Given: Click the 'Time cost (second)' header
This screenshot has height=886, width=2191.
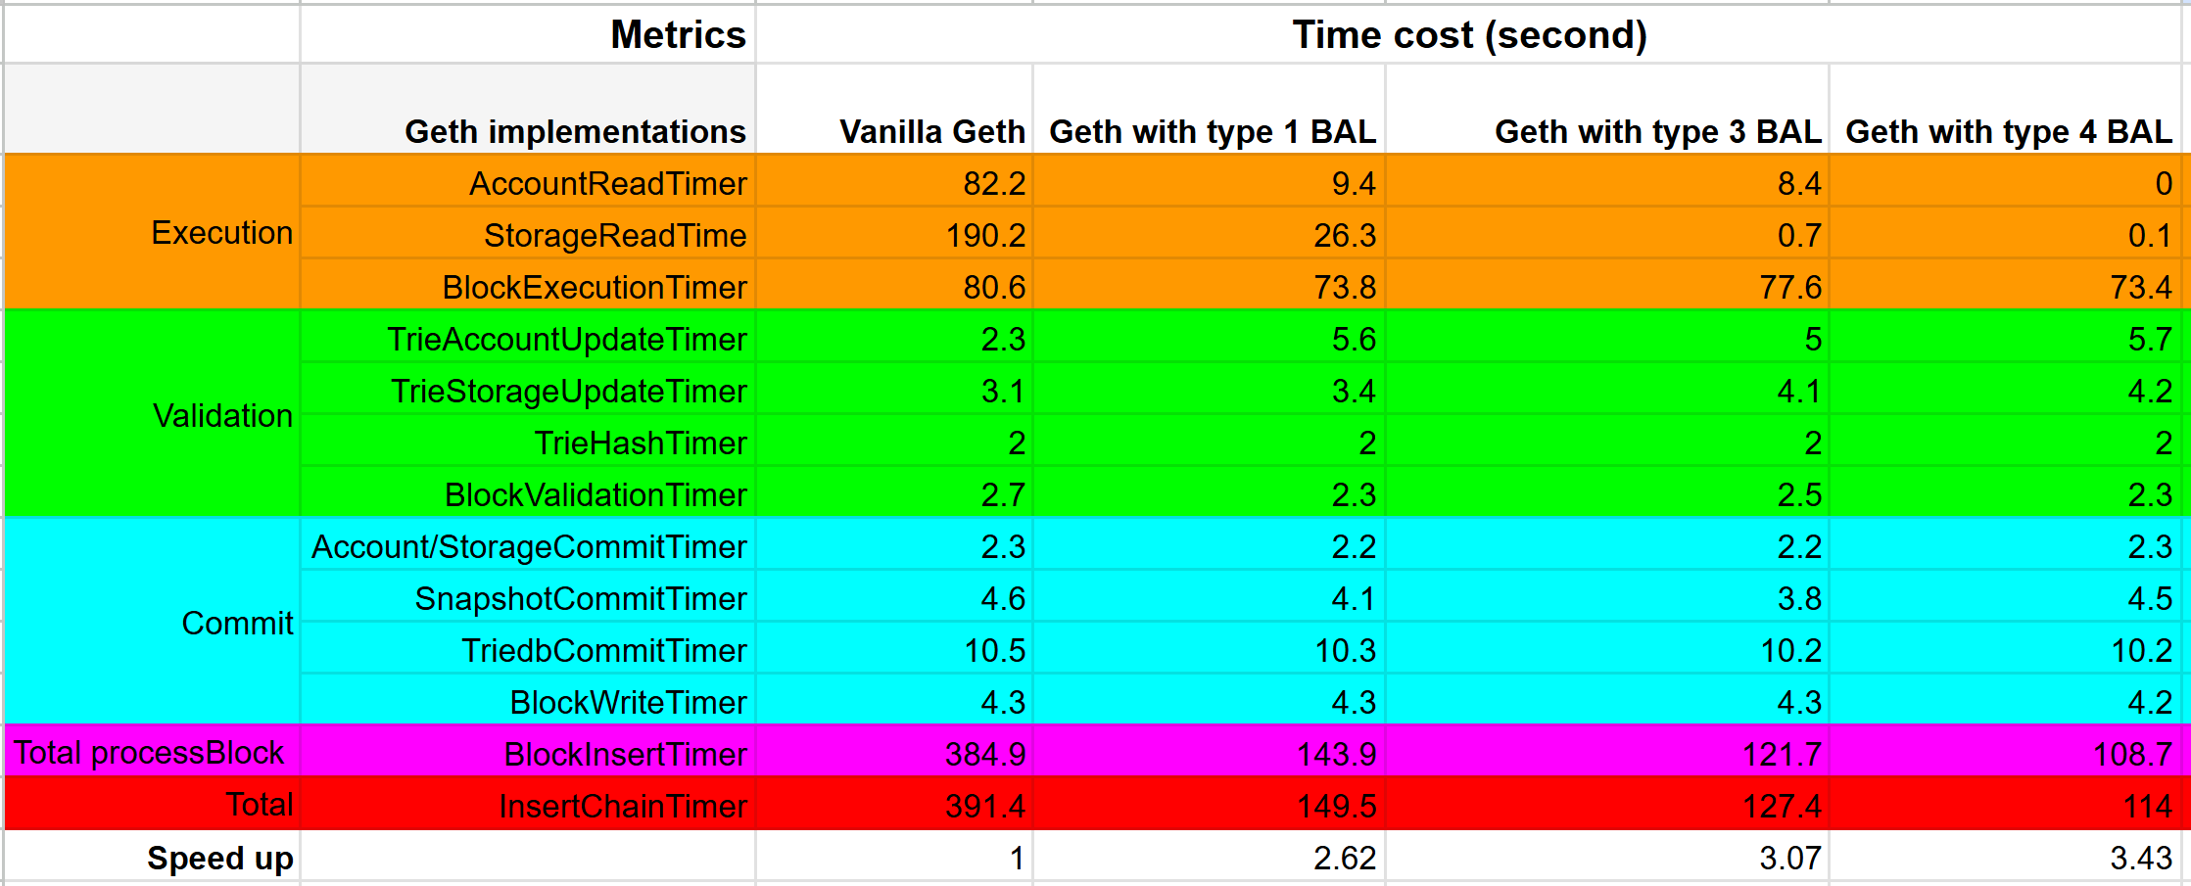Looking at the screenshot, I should (x=1469, y=35).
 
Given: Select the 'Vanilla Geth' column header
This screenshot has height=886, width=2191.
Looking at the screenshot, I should (x=931, y=131).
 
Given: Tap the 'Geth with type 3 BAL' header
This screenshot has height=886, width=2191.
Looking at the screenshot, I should (x=1657, y=131).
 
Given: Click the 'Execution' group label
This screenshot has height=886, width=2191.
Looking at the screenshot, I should (x=221, y=233).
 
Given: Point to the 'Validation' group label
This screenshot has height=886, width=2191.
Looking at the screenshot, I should (x=222, y=416).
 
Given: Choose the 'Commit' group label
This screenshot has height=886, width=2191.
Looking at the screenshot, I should (x=237, y=624).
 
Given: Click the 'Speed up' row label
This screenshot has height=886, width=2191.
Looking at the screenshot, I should (x=219, y=859).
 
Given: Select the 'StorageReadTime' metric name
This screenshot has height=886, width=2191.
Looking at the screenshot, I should (x=614, y=236).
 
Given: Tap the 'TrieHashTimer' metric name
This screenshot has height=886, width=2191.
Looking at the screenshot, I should (x=640, y=443).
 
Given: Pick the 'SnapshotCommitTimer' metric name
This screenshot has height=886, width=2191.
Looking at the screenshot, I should (x=580, y=599).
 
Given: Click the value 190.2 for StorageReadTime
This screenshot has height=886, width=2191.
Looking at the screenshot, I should (x=985, y=236).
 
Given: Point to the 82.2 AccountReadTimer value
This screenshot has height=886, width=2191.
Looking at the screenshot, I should (x=993, y=184).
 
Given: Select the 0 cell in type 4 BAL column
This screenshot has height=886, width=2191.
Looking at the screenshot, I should (x=2163, y=184).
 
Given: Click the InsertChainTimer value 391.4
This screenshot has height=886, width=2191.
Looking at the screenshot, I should (x=984, y=807).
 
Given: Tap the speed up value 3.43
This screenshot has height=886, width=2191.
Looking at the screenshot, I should (x=2140, y=859).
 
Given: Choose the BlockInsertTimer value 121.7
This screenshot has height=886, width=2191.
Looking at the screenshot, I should (x=1782, y=755).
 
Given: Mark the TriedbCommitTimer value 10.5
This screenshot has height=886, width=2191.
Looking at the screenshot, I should (x=994, y=651).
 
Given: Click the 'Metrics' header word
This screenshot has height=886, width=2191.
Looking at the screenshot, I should (x=678, y=35).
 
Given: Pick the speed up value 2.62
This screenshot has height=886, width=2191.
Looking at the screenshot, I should (x=1344, y=859).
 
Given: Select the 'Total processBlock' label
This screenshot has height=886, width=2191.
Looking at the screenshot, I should (x=149, y=753).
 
